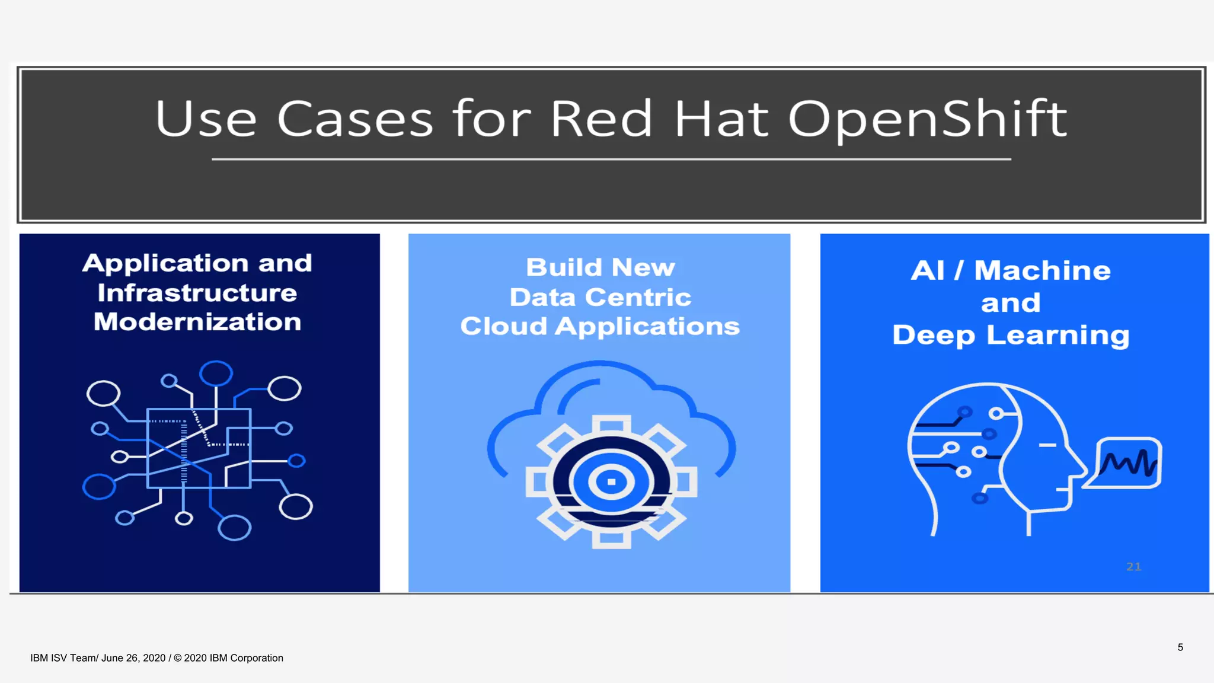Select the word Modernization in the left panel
197,323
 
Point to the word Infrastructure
197,293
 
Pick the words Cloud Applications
600,327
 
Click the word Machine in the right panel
1043,271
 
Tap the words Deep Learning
1011,336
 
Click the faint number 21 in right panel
1133,567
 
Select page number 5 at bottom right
1180,647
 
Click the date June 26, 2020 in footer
133,658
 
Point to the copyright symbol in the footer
178,658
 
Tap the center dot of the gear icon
611,481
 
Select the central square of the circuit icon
199,448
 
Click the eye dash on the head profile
1047,445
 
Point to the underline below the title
611,159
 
